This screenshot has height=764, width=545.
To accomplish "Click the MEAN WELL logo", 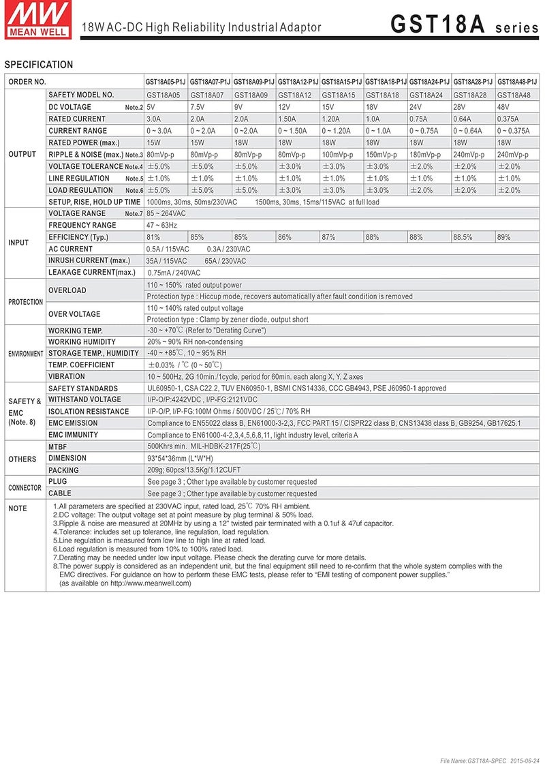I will click(38, 20).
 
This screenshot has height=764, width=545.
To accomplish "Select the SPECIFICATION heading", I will click(39, 65).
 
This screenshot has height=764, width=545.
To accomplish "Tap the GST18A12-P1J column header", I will click(298, 82).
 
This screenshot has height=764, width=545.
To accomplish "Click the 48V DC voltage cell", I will click(504, 107).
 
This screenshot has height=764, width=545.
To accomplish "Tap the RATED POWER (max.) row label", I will click(84, 142).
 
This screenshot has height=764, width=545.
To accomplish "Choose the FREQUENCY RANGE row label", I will click(82, 225).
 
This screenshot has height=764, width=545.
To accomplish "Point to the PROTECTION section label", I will click(25, 302).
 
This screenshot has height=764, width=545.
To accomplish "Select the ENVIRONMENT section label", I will click(26, 354).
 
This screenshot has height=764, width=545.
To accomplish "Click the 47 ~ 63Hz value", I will click(162, 225).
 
